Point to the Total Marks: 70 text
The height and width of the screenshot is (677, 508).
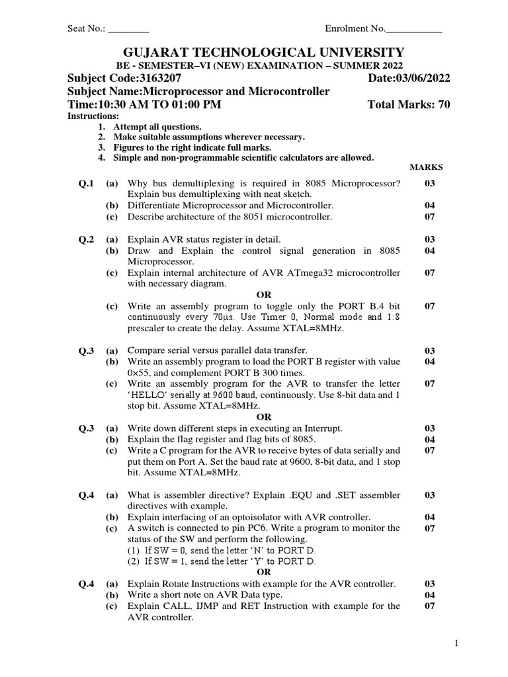click(409, 104)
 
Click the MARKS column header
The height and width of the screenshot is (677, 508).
click(426, 168)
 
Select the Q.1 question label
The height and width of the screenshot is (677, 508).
click(87, 183)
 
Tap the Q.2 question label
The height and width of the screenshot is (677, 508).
click(87, 239)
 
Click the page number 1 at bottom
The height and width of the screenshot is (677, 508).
click(456, 643)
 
